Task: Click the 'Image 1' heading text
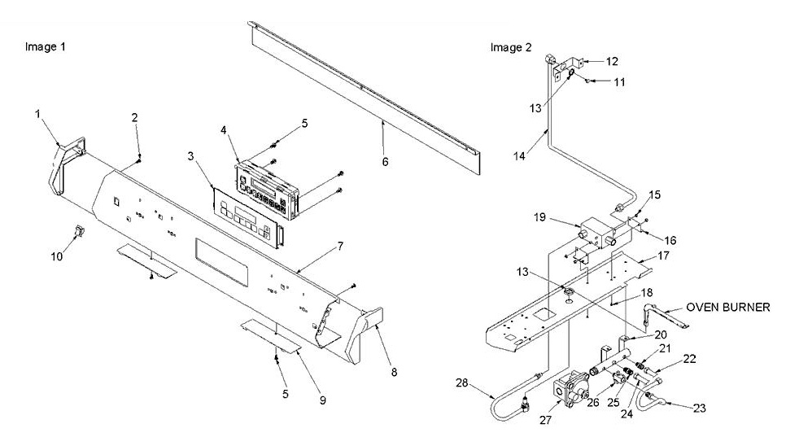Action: click(46, 47)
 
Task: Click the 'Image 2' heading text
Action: click(510, 47)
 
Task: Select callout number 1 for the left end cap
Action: click(37, 114)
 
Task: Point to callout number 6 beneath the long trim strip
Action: click(384, 161)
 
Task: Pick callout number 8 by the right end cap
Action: click(395, 372)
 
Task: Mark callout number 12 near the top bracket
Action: click(612, 61)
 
